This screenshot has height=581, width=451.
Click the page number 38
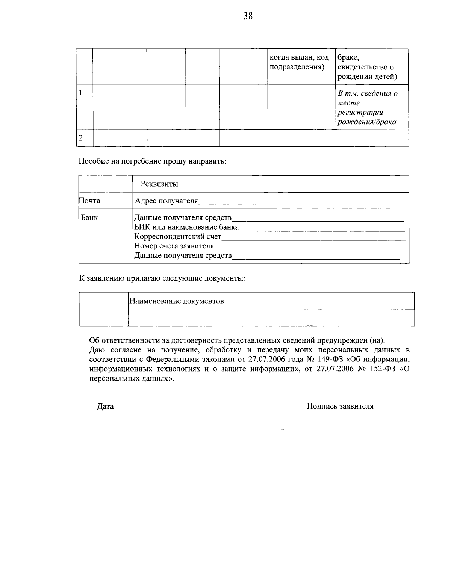pos(248,16)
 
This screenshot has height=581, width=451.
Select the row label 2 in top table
pos(80,138)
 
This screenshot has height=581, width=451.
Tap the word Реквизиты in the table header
pos(159,184)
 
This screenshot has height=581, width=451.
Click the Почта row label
pos(90,201)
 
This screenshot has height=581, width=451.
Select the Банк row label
pos(89,217)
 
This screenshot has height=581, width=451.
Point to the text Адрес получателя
pos(166,201)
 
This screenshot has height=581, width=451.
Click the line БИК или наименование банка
pos(186,227)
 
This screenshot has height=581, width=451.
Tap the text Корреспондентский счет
pos(178,237)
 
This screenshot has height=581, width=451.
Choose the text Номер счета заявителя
pos(174,246)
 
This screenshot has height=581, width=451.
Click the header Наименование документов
pos(176,301)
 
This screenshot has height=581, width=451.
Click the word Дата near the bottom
pos(105,406)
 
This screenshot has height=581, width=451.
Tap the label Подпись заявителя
pos(340,406)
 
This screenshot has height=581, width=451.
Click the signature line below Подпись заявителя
pos(295,429)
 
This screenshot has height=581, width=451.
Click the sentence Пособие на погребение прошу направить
pos(152,161)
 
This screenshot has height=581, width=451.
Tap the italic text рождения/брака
pos(367,122)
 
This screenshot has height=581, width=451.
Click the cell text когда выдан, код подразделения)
pos(300,62)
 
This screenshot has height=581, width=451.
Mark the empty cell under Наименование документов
pos(271,318)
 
